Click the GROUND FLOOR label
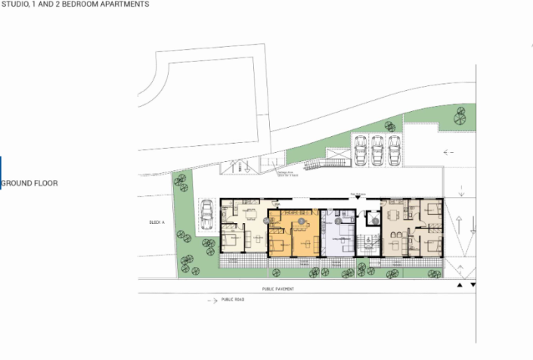tap(30, 183)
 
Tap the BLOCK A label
tap(157, 223)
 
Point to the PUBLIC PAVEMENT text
tap(277, 289)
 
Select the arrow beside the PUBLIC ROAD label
tap(211, 300)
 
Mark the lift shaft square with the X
tap(372, 219)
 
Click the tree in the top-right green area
tap(460, 116)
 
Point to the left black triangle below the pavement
tap(460, 286)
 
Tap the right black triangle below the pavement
tap(473, 286)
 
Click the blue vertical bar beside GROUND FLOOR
tap(1, 172)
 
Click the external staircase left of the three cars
tap(330, 161)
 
